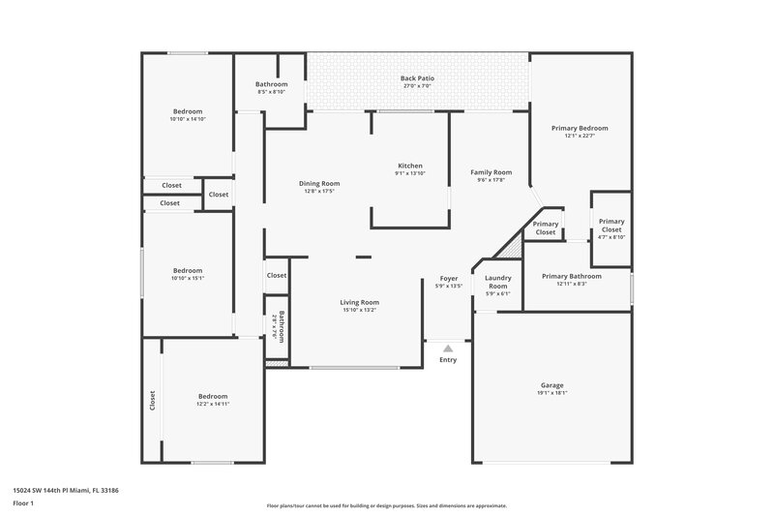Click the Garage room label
551,385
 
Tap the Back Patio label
416,77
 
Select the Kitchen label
410,166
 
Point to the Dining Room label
319,183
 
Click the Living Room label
359,302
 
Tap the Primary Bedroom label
580,128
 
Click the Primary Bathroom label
572,276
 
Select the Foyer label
449,278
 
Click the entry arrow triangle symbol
447,346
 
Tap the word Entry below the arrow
448,360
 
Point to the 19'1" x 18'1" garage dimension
551,393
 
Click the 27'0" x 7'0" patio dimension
416,86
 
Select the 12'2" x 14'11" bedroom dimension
213,404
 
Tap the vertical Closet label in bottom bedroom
152,399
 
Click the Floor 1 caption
23,503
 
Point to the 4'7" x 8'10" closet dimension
611,237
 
